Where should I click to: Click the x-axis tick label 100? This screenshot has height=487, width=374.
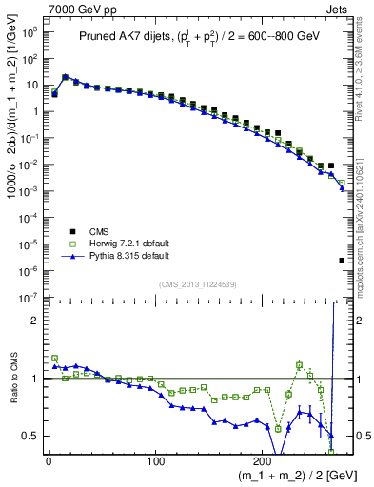(x=155, y=463)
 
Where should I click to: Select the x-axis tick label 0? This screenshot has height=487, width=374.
(x=49, y=463)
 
